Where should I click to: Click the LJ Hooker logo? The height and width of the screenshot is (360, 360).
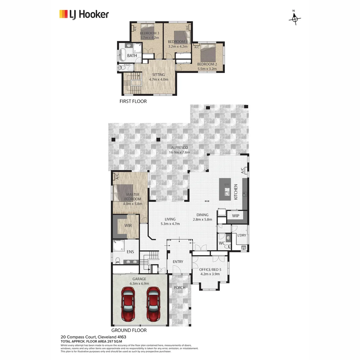coord(84,14)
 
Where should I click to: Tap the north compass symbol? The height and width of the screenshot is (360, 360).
coord(294,19)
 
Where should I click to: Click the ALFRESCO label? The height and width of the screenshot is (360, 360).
coord(179,147)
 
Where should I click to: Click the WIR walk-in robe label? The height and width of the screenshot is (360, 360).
coord(128,226)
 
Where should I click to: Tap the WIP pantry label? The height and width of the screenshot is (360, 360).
coord(236,216)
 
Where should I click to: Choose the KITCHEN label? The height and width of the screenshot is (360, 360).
coord(236,192)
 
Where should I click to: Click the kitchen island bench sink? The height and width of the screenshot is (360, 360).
coord(227,192)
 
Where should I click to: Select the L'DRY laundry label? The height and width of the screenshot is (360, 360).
coord(241,235)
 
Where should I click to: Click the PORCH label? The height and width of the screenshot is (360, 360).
coord(179,287)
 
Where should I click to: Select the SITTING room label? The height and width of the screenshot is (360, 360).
coord(158,75)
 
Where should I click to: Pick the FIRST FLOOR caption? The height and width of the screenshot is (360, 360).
coord(133,101)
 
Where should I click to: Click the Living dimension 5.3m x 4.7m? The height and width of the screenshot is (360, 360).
coord(170,224)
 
